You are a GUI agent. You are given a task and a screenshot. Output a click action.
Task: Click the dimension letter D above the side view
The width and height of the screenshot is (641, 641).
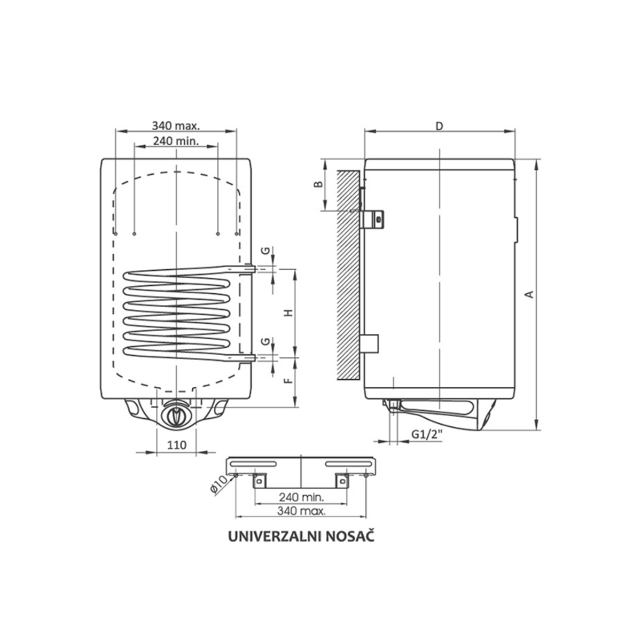click(440, 127)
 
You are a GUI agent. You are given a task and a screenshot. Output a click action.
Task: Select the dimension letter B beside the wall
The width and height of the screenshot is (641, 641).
click(319, 184)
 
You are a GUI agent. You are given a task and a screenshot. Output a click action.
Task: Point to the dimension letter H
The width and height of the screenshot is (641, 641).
click(289, 312)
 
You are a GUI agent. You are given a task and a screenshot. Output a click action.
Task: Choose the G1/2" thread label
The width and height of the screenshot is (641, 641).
click(427, 434)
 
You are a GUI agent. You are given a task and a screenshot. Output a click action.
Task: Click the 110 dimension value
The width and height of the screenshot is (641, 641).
click(177, 445)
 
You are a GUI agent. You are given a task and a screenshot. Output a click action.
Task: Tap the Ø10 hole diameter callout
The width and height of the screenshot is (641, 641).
click(218, 486)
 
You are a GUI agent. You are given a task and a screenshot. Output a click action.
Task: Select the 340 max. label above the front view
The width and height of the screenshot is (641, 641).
click(176, 126)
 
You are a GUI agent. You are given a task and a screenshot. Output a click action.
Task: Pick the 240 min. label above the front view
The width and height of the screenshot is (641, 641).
click(176, 141)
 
